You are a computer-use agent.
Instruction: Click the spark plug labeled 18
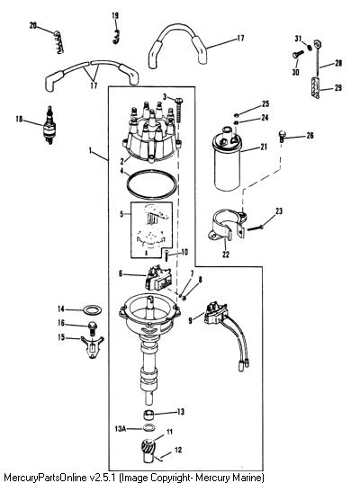coord(49,125)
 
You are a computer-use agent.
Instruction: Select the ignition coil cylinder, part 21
coord(227,159)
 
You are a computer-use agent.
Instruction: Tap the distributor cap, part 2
coord(151,132)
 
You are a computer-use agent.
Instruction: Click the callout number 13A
coord(121,428)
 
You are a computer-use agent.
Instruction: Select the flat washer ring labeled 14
coord(92,309)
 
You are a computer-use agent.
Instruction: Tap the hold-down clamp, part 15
coord(92,347)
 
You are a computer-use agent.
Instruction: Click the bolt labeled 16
coord(92,328)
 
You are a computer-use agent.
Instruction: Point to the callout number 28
coord(338,63)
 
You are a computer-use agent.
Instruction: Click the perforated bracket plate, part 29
coord(315,87)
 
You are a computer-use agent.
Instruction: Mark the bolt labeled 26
coord(282,136)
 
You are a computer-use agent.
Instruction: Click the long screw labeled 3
coord(179,112)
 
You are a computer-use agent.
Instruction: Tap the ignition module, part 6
coord(158,278)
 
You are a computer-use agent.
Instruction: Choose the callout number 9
coord(190,321)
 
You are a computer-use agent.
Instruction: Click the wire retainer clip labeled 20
coord(59,42)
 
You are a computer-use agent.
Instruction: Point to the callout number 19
coord(115,15)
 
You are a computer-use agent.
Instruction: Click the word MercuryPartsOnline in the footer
coord(45,478)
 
